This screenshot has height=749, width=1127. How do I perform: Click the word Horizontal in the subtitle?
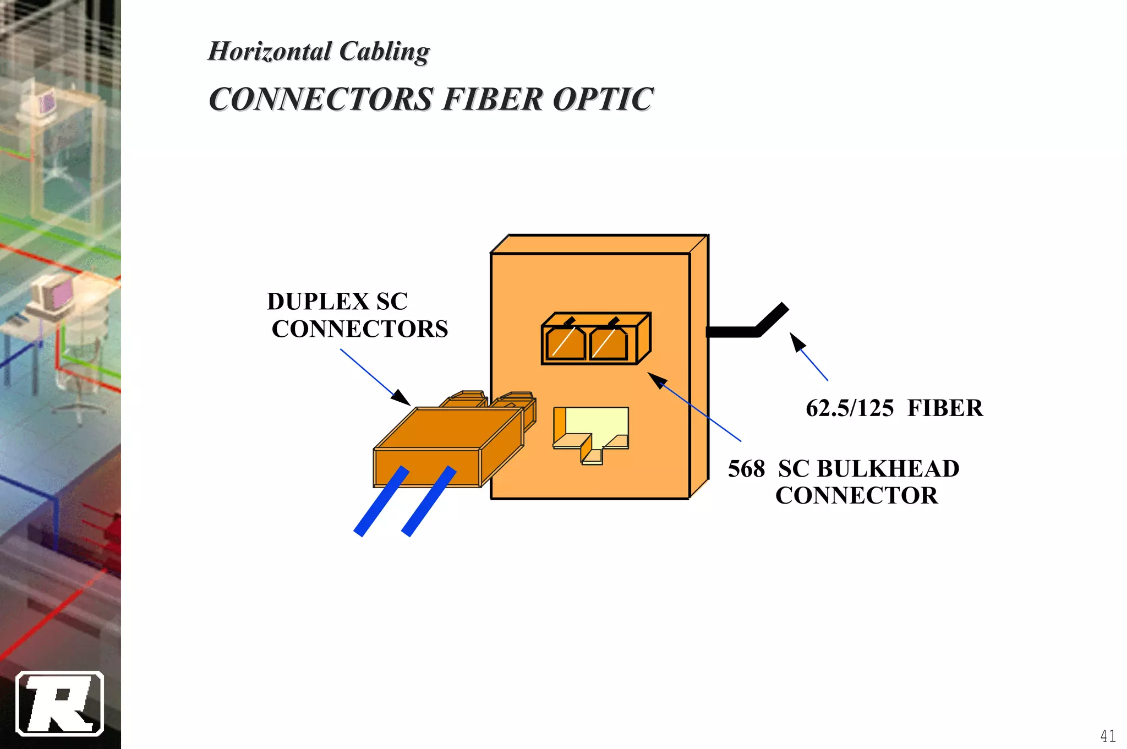270,52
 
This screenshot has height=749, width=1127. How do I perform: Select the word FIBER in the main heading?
493,100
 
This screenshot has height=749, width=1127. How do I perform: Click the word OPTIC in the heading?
603,100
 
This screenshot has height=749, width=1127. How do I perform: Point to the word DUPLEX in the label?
318,302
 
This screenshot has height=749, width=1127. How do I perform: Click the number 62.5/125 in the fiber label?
850,408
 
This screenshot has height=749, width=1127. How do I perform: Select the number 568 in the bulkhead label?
746,469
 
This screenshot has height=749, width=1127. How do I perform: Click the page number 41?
1108,736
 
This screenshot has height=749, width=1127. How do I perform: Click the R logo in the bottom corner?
59,704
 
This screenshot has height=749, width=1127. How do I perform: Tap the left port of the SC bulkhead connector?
566,344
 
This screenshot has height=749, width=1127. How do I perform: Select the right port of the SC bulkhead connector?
609,344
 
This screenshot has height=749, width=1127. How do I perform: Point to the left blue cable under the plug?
381,502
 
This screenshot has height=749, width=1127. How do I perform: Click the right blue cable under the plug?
429,502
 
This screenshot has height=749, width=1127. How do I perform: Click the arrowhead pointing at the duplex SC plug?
401,398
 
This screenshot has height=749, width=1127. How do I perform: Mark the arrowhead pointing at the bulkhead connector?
656,379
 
